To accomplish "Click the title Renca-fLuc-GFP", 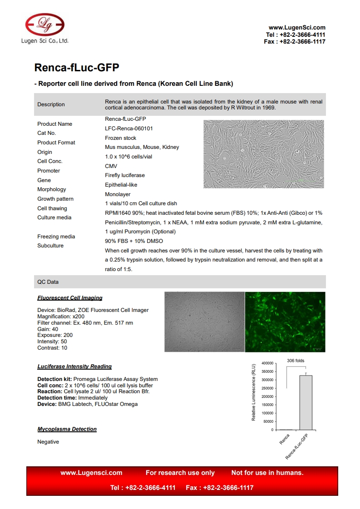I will [x=77, y=68].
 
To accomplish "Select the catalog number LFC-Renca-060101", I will [x=128, y=128].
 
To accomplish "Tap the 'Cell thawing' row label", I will [x=52, y=208].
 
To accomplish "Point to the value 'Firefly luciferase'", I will [x=125, y=175].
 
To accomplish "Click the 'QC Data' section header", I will [x=48, y=282].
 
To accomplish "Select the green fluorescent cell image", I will [x=285, y=321].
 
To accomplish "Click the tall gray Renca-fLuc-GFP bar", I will [x=305, y=402].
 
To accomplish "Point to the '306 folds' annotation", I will [x=296, y=361].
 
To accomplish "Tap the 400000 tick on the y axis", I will [x=266, y=364].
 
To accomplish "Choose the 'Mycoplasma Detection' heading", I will [x=67, y=429].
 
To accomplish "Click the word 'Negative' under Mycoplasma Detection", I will [x=48, y=442].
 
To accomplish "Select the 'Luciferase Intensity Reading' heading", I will [x=74, y=366].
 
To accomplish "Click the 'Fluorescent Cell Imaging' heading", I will [x=70, y=298].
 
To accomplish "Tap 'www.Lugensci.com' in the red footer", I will [x=91, y=473].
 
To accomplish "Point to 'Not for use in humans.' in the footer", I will [x=267, y=473].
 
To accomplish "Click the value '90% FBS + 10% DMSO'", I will [x=134, y=241].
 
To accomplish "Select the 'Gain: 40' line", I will [x=48, y=329].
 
